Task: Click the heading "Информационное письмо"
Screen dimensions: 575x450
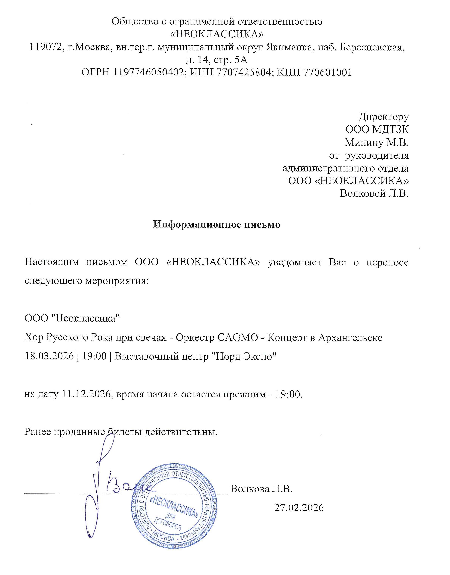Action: pyautogui.click(x=217, y=224)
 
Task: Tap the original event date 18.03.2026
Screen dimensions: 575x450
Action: pyautogui.click(x=49, y=356)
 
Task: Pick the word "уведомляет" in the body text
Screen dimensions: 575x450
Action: pyautogui.click(x=295, y=262)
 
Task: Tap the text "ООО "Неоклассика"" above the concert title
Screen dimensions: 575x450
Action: pyautogui.click(x=72, y=319)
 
